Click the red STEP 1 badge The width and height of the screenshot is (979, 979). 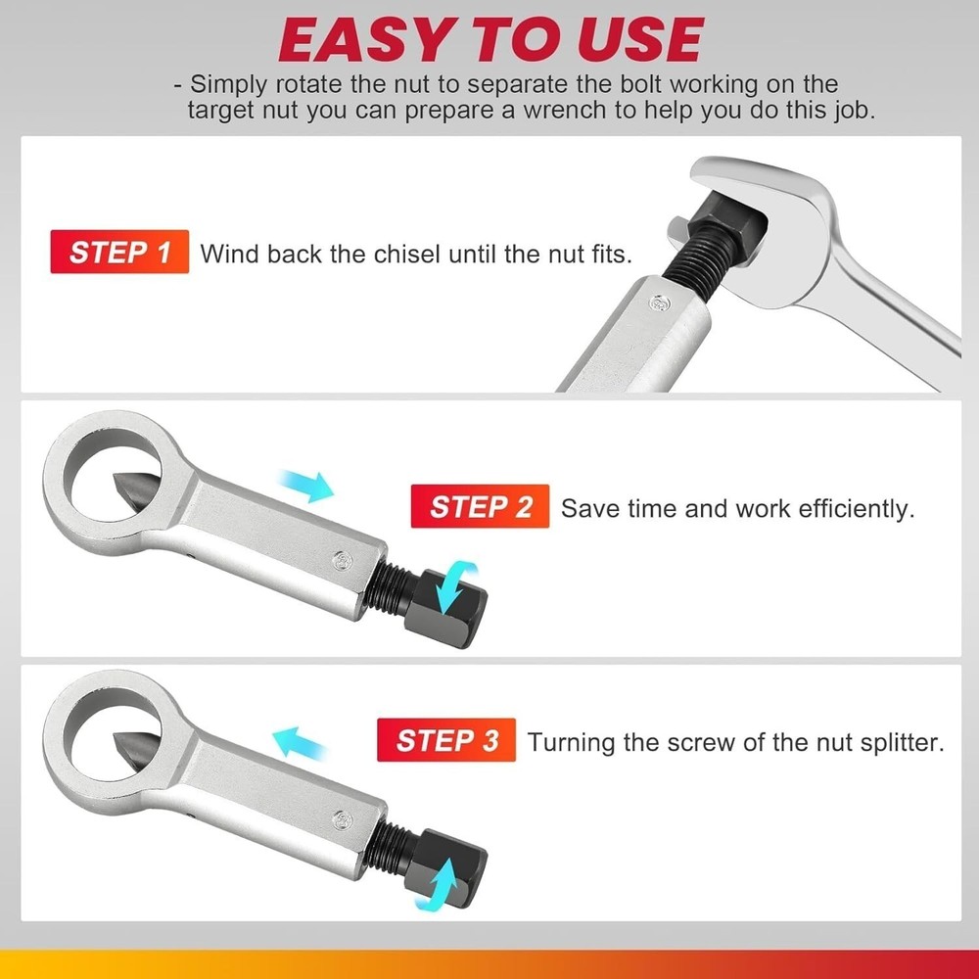(119, 254)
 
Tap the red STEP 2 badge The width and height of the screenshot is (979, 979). (481, 508)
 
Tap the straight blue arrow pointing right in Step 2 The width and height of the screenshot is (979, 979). (305, 485)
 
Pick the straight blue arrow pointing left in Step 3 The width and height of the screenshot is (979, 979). (298, 741)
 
